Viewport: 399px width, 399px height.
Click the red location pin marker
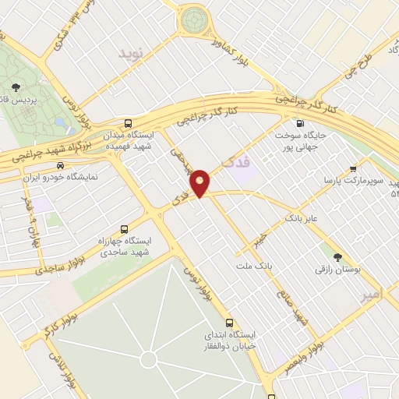click(x=200, y=182)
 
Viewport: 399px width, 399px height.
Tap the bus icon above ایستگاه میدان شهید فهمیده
click(x=128, y=123)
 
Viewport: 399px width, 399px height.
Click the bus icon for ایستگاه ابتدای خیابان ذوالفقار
click(x=229, y=323)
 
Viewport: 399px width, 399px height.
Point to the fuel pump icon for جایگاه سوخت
click(x=298, y=123)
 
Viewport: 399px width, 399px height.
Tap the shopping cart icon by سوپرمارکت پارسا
click(x=353, y=168)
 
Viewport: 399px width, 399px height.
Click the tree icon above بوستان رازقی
click(x=337, y=257)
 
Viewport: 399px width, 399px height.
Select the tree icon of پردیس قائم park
click(x=16, y=87)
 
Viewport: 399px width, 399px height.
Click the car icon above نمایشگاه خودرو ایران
click(x=60, y=166)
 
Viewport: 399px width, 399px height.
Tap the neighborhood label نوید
click(x=132, y=53)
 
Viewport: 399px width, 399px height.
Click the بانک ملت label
click(x=256, y=267)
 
